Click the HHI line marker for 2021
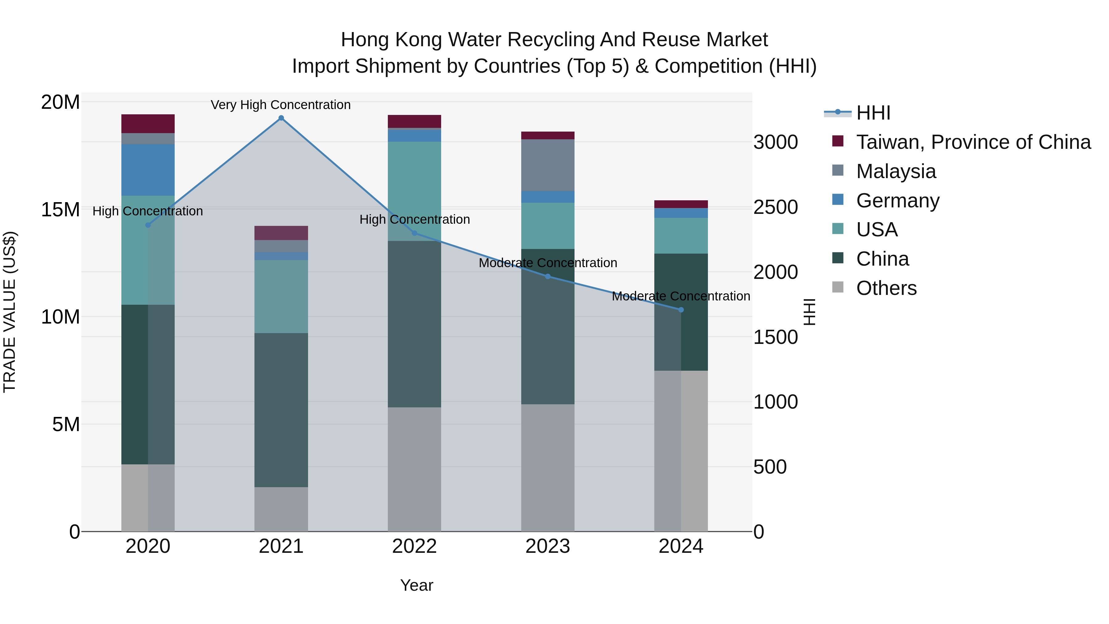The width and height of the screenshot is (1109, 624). [x=281, y=118]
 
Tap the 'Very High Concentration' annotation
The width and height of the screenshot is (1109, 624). [x=281, y=105]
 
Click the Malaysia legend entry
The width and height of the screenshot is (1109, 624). [x=896, y=171]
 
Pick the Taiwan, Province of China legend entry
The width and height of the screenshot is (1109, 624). [x=973, y=142]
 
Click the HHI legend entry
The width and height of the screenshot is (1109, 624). [x=873, y=113]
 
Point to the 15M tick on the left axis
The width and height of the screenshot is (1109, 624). [x=60, y=210]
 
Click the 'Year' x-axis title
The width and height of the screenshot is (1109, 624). [x=416, y=585]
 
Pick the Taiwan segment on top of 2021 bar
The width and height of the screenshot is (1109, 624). [x=281, y=233]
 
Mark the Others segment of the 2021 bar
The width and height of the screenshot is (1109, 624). [x=281, y=509]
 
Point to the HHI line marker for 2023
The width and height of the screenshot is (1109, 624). [x=548, y=276]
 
